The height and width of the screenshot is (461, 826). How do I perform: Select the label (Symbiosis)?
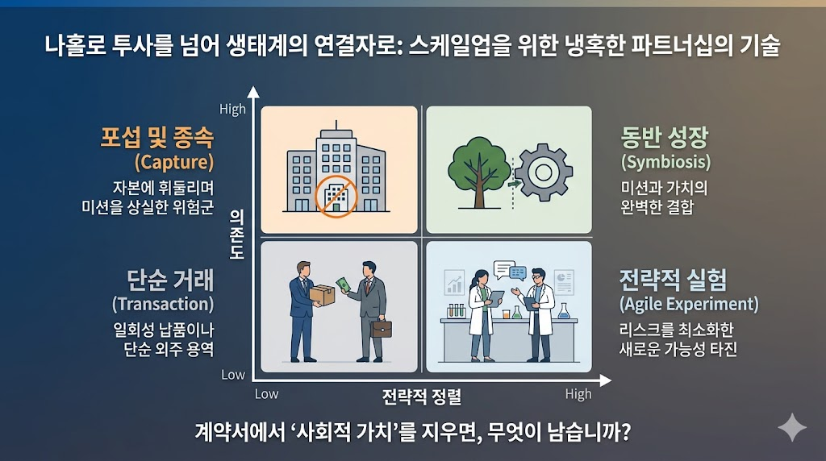click(665, 161)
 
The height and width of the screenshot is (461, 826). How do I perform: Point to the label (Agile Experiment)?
click(689, 304)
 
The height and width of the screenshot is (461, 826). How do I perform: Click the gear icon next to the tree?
click(544, 171)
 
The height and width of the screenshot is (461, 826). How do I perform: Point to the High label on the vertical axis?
click(232, 109)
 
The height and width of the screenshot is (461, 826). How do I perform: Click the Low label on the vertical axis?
click(232, 375)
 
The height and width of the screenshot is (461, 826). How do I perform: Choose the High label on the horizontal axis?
click(578, 394)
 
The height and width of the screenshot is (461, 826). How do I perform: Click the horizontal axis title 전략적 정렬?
click(415, 396)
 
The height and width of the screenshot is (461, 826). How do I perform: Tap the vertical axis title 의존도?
click(236, 230)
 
